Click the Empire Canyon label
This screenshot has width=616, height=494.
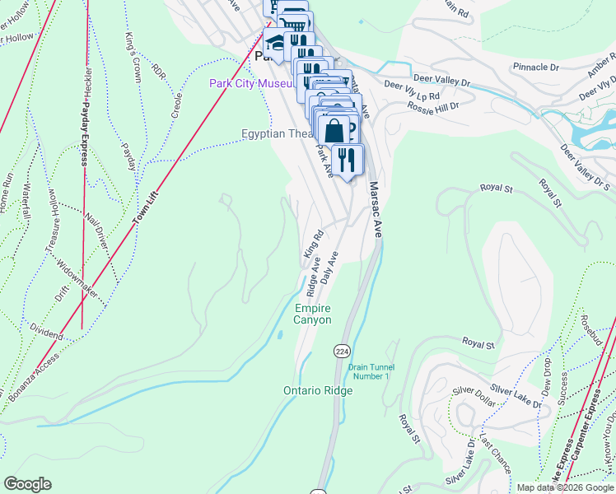point(313,314)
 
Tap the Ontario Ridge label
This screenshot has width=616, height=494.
point(318,390)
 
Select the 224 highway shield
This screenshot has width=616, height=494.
point(341,351)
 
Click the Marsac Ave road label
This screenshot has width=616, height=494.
point(376,210)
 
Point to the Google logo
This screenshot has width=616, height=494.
point(27,484)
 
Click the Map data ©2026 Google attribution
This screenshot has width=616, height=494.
point(565,487)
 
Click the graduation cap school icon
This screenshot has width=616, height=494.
point(275,42)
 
